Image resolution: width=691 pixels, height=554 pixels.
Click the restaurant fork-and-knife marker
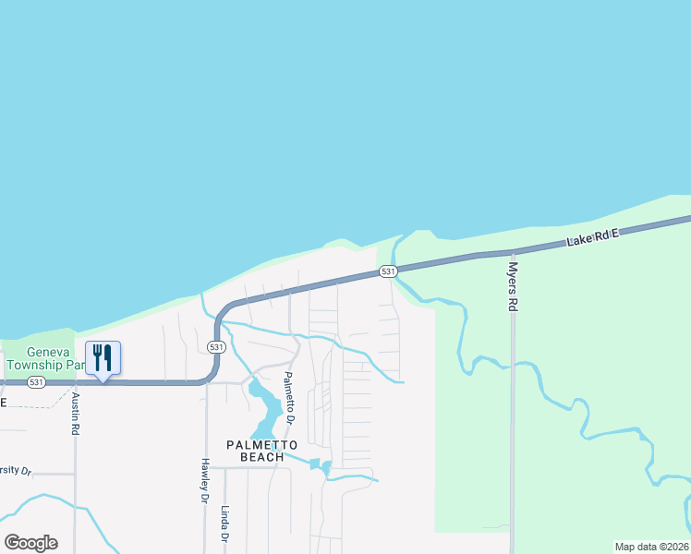[103, 357]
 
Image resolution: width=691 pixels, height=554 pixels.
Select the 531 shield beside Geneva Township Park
[35, 381]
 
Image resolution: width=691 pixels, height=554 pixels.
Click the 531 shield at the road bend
[215, 346]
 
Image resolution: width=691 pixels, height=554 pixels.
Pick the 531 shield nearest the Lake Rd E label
[388, 271]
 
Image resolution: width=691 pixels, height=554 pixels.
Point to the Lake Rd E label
[592, 239]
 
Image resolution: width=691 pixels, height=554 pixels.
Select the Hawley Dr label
[204, 481]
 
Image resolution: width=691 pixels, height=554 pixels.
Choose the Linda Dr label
[224, 524]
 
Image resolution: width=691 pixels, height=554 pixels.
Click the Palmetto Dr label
[289, 398]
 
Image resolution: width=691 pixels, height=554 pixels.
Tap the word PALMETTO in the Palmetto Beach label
[262, 445]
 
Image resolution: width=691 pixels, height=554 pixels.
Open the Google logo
[30, 543]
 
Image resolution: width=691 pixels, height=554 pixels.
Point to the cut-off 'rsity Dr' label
[16, 471]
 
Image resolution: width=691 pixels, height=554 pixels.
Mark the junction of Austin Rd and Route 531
[76, 381]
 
